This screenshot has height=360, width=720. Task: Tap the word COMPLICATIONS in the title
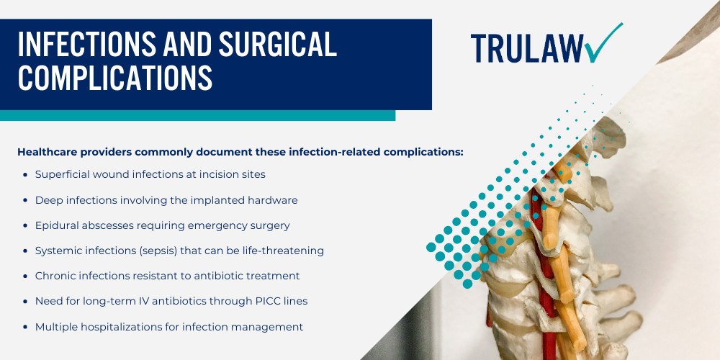tap(115, 78)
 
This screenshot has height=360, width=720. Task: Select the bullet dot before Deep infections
tap(26, 200)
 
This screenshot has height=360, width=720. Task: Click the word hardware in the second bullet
tap(272, 199)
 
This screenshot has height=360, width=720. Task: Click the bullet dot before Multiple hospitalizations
tap(26, 327)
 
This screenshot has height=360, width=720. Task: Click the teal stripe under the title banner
tap(197, 115)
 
